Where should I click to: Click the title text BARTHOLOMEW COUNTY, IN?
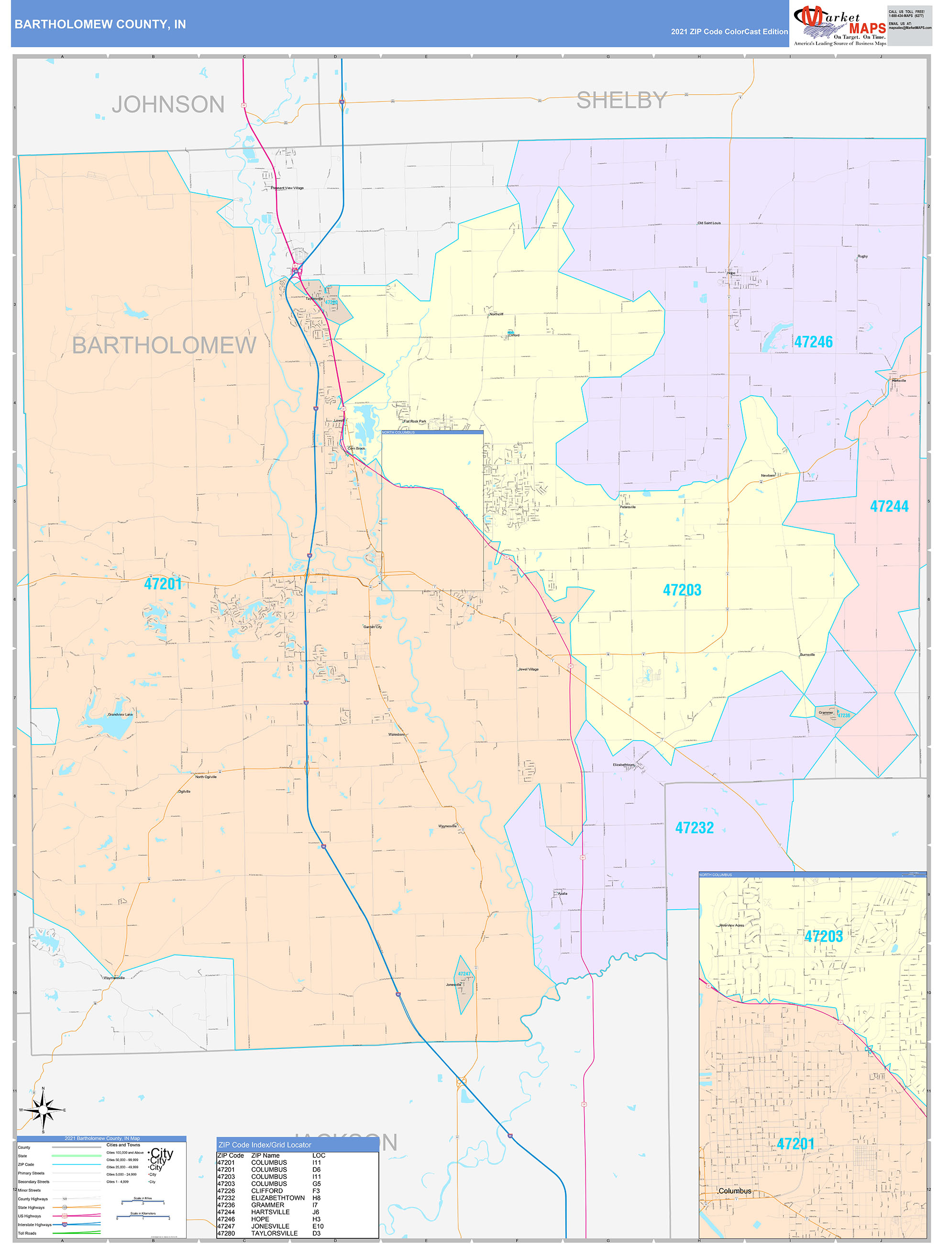click(100, 24)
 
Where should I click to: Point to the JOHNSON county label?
click(168, 105)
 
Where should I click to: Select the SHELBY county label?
click(621, 100)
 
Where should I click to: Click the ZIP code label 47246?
click(813, 342)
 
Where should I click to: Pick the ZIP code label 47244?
click(889, 506)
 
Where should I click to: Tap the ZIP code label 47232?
click(694, 828)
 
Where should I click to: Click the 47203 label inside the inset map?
click(823, 936)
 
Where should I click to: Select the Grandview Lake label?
click(121, 714)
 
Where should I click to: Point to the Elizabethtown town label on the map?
click(624, 765)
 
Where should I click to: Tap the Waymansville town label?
click(114, 978)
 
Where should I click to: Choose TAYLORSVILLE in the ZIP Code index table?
click(275, 1233)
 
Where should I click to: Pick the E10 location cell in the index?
click(318, 1226)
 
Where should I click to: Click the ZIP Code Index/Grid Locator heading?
click(265, 1144)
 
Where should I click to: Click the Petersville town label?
click(628, 507)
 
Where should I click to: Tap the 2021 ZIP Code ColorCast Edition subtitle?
click(729, 32)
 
